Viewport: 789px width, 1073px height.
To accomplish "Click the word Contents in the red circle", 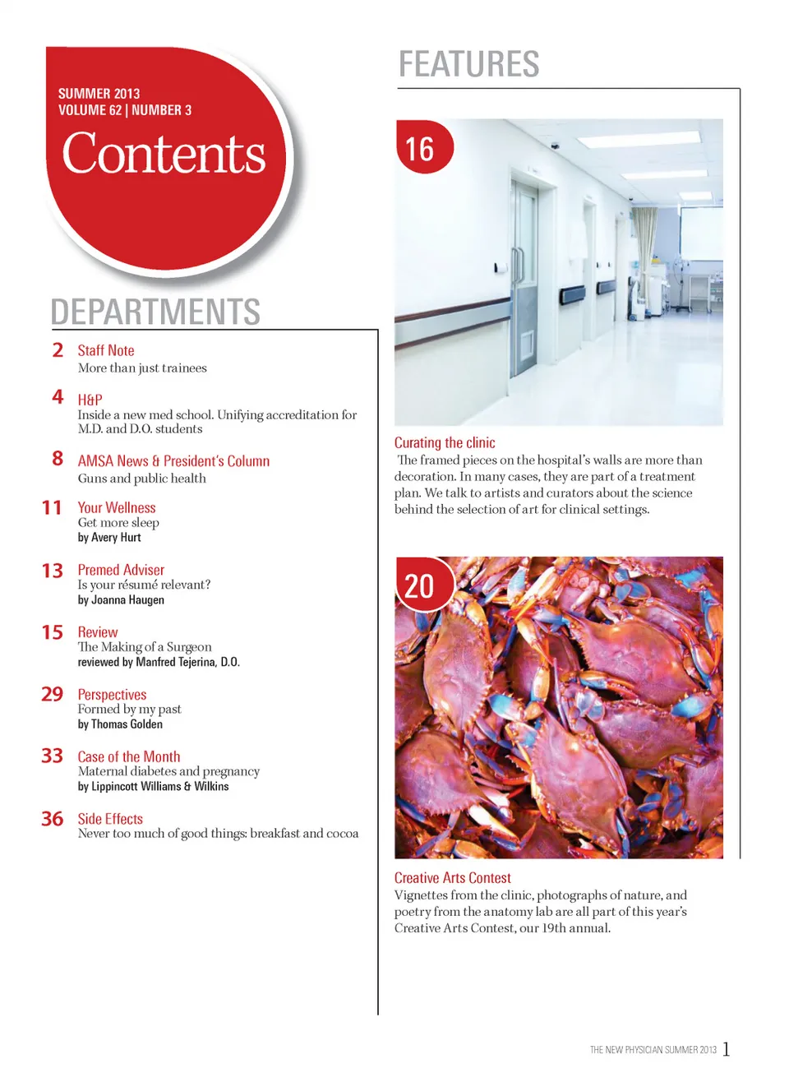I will (164, 154).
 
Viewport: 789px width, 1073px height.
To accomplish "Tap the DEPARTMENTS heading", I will (155, 312).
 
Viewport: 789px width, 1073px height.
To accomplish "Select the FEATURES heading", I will (468, 64).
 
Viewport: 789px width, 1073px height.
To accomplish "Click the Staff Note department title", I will (106, 350).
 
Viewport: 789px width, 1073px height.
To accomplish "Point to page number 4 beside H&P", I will (58, 397).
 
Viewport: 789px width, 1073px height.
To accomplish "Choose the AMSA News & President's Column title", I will (173, 461).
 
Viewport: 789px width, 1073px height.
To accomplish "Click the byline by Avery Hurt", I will (109, 538).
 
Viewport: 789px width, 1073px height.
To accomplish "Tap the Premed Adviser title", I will (121, 570).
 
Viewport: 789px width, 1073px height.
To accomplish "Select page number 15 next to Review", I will (52, 632).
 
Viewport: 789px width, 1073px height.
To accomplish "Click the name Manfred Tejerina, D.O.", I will (187, 662).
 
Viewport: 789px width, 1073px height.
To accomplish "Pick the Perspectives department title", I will (112, 695).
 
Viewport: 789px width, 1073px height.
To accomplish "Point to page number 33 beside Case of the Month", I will (52, 756).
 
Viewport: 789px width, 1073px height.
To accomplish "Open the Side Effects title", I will (110, 819).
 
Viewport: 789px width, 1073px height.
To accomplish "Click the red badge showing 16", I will (423, 148).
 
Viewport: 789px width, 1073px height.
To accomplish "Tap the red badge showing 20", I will (422, 585).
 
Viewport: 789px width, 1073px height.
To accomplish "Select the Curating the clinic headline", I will (445, 442).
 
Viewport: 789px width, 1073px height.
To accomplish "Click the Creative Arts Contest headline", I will (452, 878).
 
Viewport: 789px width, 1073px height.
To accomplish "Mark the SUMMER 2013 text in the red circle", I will (99, 94).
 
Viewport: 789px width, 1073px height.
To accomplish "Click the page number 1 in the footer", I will (727, 1048).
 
